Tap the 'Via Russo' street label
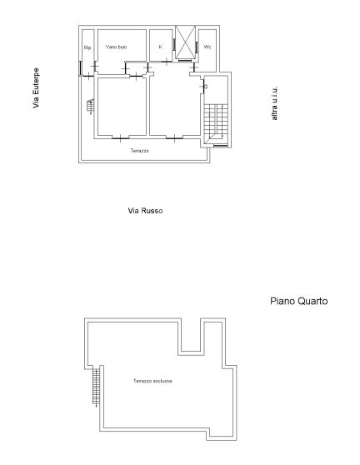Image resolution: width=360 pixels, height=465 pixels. pos(145,211)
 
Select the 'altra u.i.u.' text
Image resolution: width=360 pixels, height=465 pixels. pos(275,103)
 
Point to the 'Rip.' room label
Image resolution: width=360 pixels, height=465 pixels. pos(87,47)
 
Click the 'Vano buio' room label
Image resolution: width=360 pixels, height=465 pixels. pos(117,47)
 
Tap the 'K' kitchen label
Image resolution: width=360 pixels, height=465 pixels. pos(161,47)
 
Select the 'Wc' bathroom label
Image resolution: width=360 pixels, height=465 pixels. pos(207,47)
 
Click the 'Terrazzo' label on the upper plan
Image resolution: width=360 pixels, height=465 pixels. pos(140,151)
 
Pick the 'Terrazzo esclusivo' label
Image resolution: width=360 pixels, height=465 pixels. pos(152,381)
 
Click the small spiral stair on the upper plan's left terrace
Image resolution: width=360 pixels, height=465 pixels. pos(91,107)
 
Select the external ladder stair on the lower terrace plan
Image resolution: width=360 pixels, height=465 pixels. pos(96,387)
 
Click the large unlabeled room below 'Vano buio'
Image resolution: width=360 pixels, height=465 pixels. pos(121,106)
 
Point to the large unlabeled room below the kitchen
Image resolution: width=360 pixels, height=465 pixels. pos(175,106)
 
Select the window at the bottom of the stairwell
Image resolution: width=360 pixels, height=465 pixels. pos(220,147)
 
